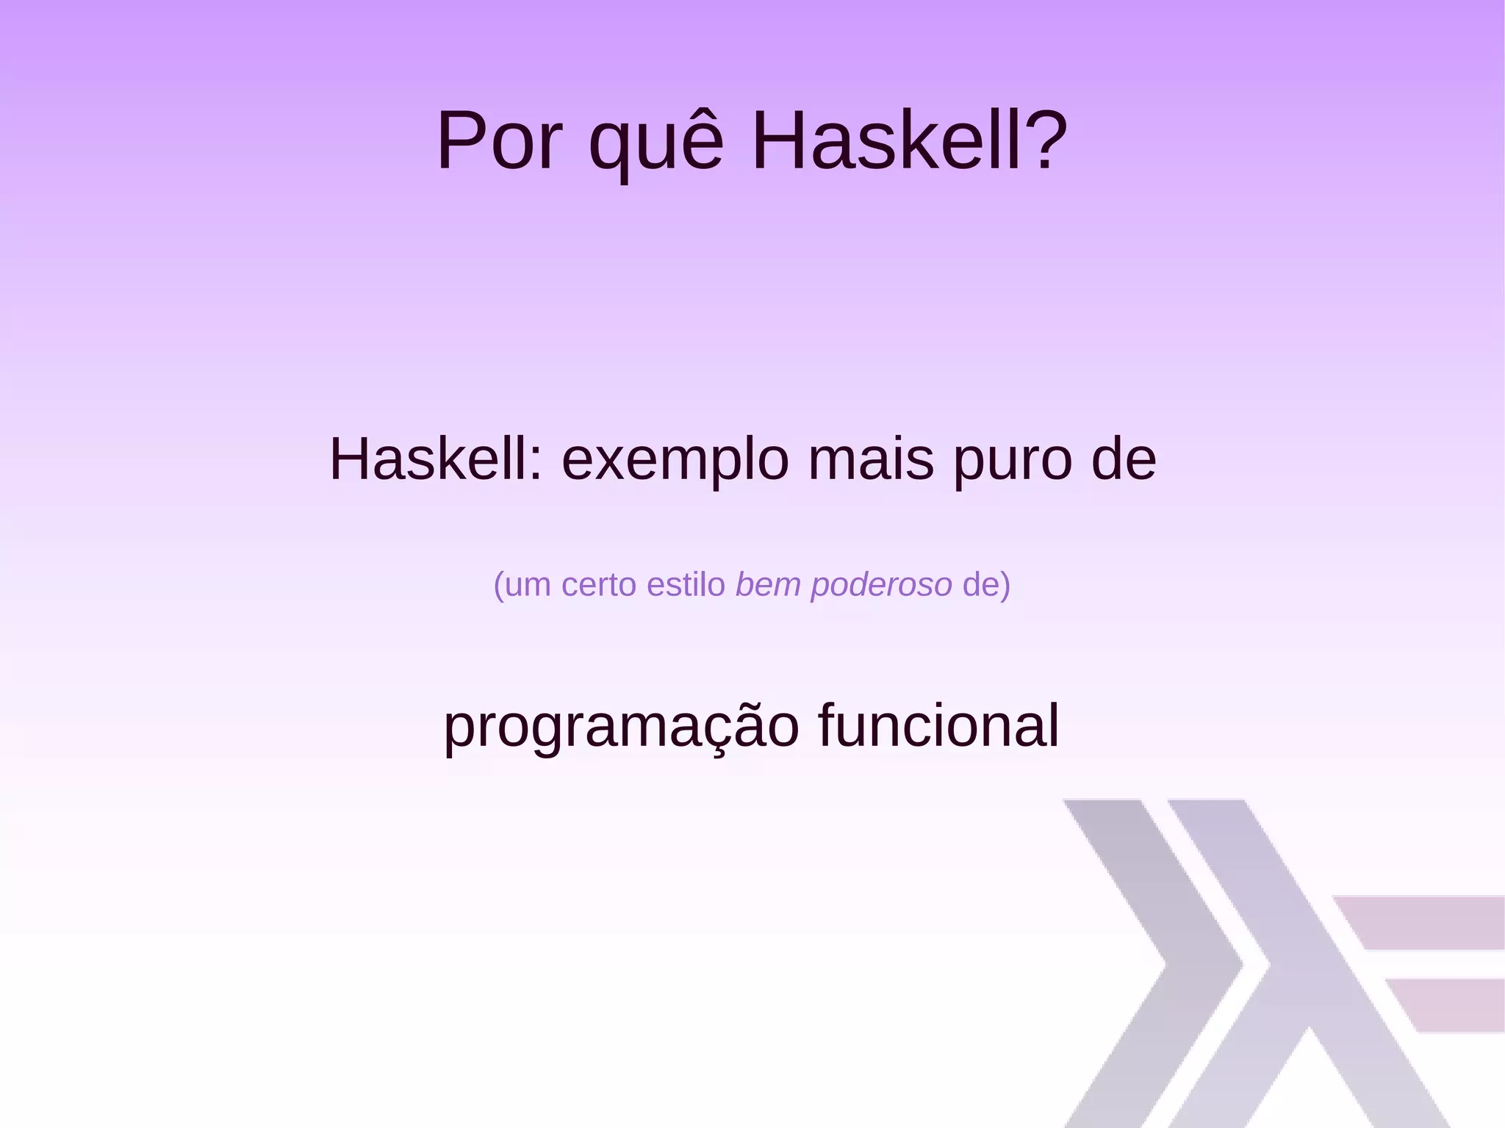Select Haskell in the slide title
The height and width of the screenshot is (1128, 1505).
[909, 141]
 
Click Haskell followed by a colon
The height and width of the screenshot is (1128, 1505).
[436, 459]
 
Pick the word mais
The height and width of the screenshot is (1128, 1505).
[871, 459]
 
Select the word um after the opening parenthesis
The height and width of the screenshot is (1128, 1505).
[528, 586]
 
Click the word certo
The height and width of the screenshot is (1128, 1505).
[599, 585]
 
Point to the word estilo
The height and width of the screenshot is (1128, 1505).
[686, 584]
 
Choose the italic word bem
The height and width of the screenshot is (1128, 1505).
[769, 584]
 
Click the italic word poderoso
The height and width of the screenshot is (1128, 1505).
[881, 586]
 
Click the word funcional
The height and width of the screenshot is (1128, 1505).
[938, 725]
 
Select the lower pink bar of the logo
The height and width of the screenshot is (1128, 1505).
[1448, 1005]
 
